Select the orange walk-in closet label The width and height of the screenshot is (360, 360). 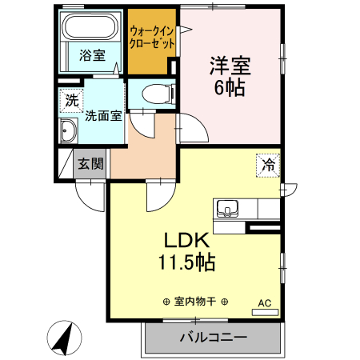click(152, 37)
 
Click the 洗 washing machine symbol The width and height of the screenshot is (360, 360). click(71, 101)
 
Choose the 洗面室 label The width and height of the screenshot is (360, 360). click(104, 115)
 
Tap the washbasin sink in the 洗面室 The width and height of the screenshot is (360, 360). click(69, 131)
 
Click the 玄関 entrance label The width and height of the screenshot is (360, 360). click(90, 164)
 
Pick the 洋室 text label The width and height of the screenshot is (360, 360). click(227, 64)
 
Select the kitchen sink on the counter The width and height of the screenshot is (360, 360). click(228, 210)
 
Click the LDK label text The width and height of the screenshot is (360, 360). click(186, 240)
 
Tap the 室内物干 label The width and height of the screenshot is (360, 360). click(195, 302)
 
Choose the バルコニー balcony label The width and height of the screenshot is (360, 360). click(213, 337)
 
